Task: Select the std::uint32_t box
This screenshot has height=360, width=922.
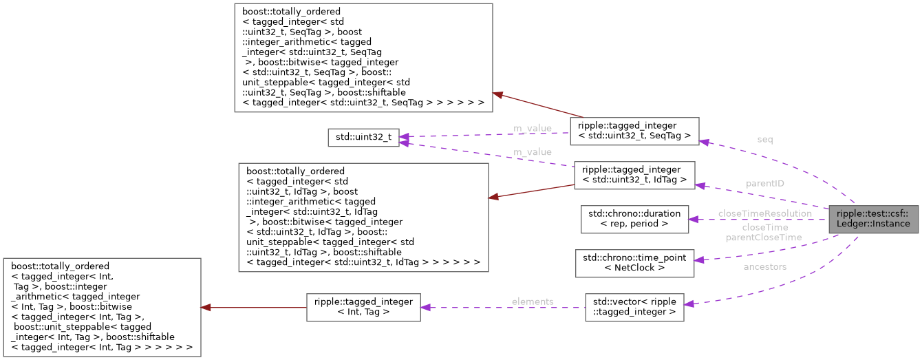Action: click(x=363, y=138)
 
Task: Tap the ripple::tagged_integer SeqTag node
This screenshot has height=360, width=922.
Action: click(x=634, y=131)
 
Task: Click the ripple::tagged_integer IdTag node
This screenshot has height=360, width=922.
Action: click(x=634, y=175)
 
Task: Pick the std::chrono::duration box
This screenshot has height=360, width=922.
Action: click(x=634, y=219)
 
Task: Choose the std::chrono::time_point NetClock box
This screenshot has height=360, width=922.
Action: click(x=634, y=262)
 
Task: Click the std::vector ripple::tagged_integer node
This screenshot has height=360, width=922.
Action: click(x=634, y=307)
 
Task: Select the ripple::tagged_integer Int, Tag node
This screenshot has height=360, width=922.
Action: click(x=363, y=307)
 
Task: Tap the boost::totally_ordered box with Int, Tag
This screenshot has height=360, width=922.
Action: click(x=102, y=307)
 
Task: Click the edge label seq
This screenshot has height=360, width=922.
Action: click(x=764, y=140)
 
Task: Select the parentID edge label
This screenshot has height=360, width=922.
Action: click(x=764, y=184)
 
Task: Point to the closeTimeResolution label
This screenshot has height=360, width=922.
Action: click(x=764, y=214)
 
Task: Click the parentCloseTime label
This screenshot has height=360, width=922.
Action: click(x=764, y=237)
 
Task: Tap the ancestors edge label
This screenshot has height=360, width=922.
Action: click(x=764, y=267)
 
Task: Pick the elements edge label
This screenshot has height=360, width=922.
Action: click(x=532, y=301)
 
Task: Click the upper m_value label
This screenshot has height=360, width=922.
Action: click(x=532, y=128)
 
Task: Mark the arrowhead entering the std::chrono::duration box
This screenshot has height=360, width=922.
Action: click(x=694, y=220)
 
